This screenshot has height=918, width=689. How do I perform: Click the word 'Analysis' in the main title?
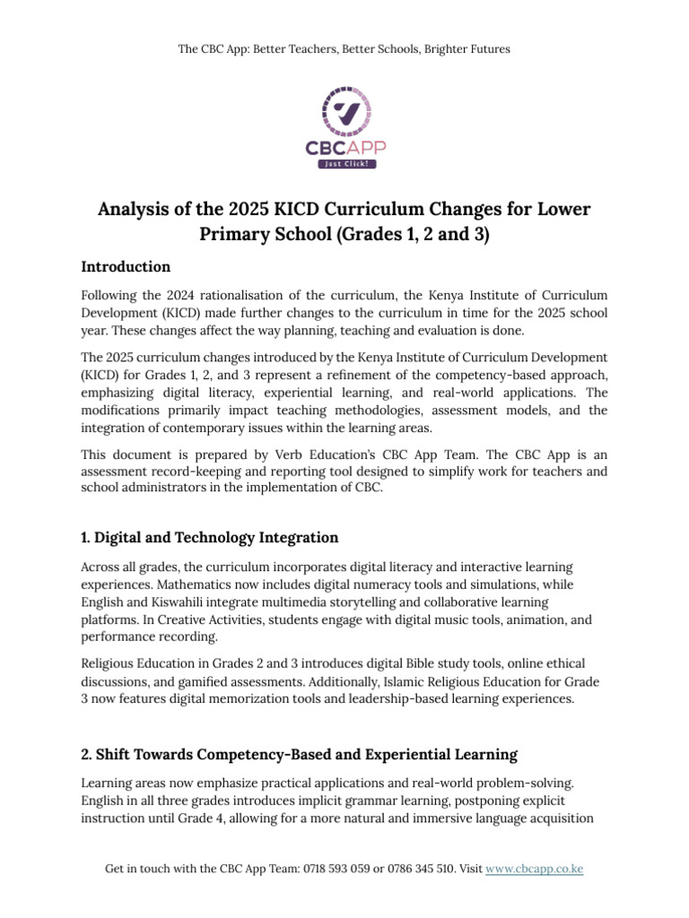coord(134,209)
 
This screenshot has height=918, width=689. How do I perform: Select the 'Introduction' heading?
coord(126,266)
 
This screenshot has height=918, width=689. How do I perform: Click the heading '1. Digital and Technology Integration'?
coord(209,537)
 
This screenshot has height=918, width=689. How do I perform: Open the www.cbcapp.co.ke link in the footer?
coord(534,869)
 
